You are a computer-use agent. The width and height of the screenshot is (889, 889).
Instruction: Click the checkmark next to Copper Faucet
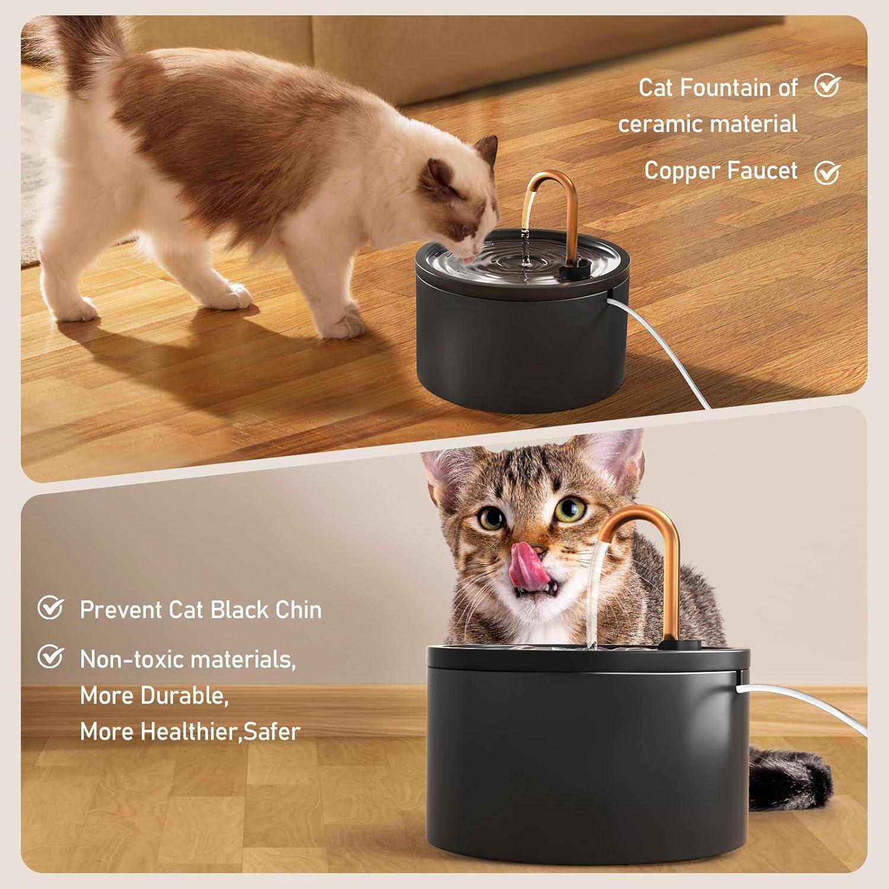pos(827,172)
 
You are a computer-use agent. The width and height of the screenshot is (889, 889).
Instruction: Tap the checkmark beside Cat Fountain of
pos(827,86)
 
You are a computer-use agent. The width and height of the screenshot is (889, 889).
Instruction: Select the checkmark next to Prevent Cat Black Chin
pos(51,608)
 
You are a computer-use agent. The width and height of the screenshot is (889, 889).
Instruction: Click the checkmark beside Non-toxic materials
pos(51,657)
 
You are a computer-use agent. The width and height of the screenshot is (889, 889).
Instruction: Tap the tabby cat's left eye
pos(491,520)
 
